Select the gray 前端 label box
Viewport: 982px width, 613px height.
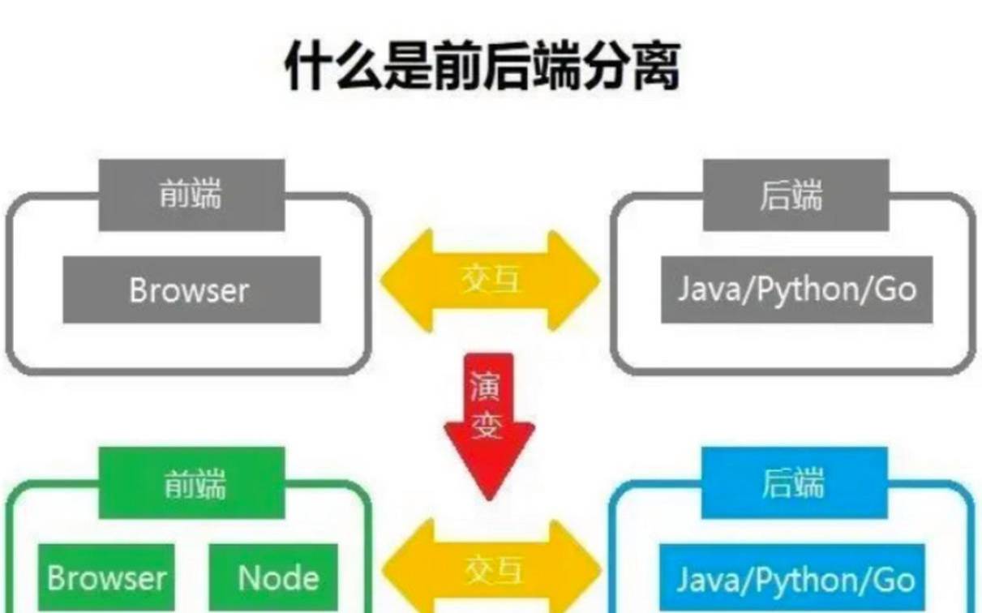pos(191,195)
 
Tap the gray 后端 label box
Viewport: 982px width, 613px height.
pos(795,195)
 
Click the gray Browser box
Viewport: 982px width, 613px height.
pos(191,290)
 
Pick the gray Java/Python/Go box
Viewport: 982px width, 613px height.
pos(796,290)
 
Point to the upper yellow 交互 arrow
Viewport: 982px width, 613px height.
pos(491,281)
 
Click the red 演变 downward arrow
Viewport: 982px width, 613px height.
pos(489,422)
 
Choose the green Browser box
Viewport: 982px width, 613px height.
pos(106,577)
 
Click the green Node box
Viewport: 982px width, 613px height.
pos(277,577)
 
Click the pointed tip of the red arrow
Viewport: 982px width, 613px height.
pos(489,495)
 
